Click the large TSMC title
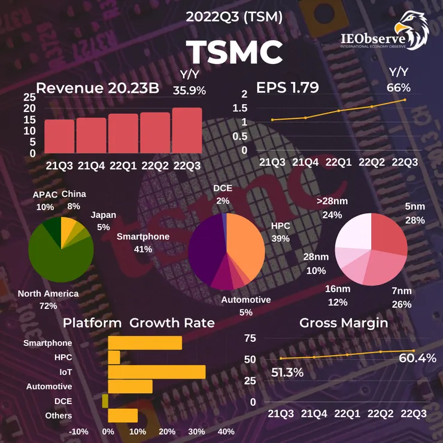coord(233,53)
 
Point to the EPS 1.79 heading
coord(287,88)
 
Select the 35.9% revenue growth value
coord(189,90)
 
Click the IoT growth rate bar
coord(156,372)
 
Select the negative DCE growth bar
coord(105,400)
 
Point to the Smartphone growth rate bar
coord(145,343)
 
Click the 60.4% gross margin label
coord(417,358)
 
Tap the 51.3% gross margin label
coord(287,372)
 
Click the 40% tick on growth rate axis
coord(226,431)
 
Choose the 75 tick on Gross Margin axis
coord(250,338)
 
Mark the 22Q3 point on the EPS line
coord(405,99)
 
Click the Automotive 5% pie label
coord(245,305)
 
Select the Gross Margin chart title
coord(344,323)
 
